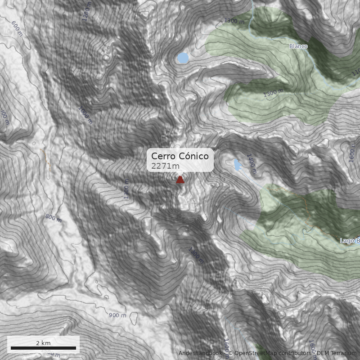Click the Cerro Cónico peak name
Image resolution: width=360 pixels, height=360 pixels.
pos(180,156)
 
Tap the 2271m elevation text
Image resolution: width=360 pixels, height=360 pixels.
pos(165,166)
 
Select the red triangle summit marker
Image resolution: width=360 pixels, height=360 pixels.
pos(180,180)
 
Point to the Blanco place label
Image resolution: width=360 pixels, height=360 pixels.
pos(298,46)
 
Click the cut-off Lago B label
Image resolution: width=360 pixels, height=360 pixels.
pos(350,241)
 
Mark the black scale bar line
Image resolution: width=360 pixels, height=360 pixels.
pos(43,348)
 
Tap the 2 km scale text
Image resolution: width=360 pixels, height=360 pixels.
pos(43,343)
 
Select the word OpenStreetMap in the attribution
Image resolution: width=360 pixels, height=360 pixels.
pos(254,353)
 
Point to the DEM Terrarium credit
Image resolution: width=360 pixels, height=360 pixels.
pos(336,353)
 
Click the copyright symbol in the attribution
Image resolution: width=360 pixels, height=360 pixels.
pos(230,353)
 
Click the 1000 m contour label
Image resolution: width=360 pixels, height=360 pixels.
pos(85,115)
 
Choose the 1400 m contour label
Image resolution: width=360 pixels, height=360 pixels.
pos(251,164)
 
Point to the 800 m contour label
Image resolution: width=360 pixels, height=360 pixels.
pos(53,218)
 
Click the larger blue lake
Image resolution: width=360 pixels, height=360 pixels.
pos(182,58)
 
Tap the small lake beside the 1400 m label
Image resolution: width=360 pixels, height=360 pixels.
pos(237,165)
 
